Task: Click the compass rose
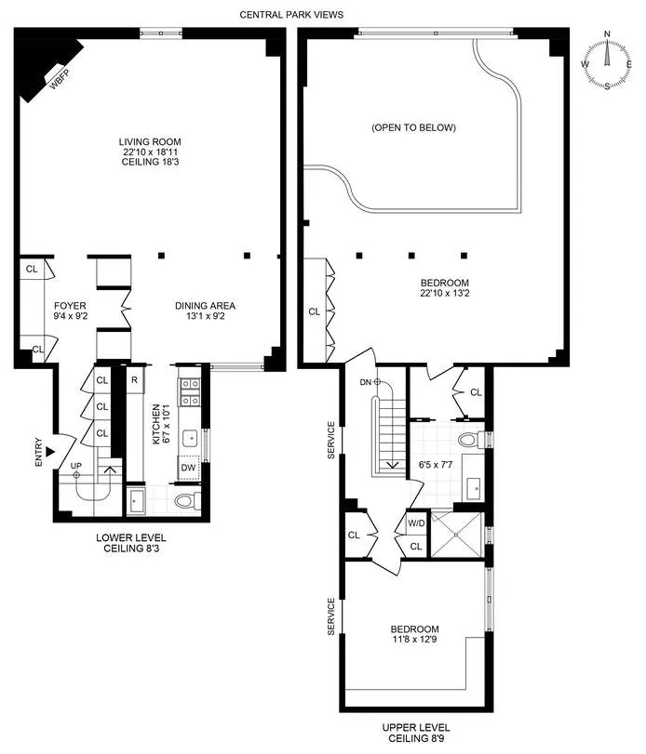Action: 607,60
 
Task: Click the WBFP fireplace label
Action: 59,82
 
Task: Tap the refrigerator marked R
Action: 134,380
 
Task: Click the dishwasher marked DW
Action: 188,468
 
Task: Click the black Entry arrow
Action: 50,452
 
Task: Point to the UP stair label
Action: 76,467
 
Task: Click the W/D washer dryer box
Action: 415,523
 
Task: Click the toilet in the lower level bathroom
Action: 187,503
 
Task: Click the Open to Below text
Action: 413,127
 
